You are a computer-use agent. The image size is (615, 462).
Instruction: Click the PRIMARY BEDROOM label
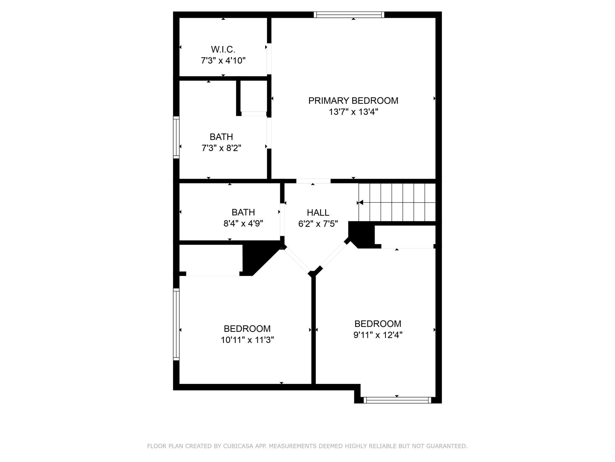pos(353,101)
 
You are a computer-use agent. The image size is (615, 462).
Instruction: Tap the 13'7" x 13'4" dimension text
pos(354,112)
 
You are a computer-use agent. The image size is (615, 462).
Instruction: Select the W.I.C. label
pos(223,49)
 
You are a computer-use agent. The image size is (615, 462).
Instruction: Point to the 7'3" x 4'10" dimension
pos(223,61)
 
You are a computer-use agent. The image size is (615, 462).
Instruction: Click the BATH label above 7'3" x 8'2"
pos(221,137)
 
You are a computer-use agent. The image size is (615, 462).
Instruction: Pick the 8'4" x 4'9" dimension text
pos(243,223)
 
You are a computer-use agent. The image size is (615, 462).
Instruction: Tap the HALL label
pos(318,213)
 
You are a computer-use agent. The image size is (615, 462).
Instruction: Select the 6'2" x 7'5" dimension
pos(318,224)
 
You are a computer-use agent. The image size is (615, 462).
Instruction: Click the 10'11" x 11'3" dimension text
pos(247,340)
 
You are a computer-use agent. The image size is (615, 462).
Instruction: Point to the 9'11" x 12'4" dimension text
pos(378,335)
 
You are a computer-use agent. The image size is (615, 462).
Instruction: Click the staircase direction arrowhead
pos(361,203)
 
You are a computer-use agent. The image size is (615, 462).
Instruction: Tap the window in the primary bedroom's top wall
pos(349,15)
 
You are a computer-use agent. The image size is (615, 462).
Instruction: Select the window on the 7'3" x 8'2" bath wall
pos(176,137)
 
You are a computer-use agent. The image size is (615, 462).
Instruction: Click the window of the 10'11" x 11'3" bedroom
pos(176,324)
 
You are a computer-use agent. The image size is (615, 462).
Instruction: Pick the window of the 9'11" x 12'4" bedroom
pos(397,400)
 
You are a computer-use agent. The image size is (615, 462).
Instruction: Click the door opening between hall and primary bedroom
pos(313,181)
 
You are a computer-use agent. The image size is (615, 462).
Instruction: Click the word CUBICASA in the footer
pos(243,446)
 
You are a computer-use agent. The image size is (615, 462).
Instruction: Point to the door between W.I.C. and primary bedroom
pos(269,59)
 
